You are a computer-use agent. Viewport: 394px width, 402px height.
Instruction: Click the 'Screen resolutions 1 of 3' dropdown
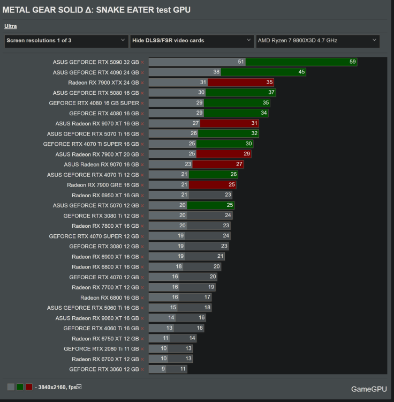pyautogui.click(x=65, y=41)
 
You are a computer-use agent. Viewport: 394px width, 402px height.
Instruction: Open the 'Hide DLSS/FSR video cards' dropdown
pyautogui.click(x=192, y=41)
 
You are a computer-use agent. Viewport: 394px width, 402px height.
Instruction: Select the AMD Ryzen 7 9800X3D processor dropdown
pyautogui.click(x=317, y=41)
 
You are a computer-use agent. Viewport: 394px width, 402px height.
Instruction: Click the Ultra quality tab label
pyautogui.click(x=11, y=26)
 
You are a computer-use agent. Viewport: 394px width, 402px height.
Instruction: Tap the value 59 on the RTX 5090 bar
pyautogui.click(x=352, y=62)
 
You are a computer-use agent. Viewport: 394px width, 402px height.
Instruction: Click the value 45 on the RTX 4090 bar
pyautogui.click(x=301, y=72)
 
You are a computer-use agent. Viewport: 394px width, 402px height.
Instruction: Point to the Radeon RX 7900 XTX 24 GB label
pyautogui.click(x=103, y=83)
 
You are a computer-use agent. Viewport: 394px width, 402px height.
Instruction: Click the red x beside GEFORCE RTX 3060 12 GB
pyautogui.click(x=142, y=369)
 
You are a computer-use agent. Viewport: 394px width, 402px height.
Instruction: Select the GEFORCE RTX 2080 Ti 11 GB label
pyautogui.click(x=101, y=348)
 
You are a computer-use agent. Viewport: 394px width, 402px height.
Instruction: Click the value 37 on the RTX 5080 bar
pyautogui.click(x=271, y=93)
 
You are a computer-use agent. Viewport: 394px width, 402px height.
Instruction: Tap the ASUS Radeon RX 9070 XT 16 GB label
pyautogui.click(x=97, y=123)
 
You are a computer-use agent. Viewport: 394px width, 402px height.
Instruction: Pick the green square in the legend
pyautogui.click(x=20, y=386)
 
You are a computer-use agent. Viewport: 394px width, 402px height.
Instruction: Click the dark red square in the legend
pyautogui.click(x=29, y=386)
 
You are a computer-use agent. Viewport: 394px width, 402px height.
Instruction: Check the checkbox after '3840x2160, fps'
pyautogui.click(x=79, y=386)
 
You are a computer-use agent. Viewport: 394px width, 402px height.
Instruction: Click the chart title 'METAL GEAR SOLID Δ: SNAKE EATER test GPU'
pyautogui.click(x=96, y=10)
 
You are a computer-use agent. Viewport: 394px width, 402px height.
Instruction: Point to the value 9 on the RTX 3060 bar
pyautogui.click(x=163, y=369)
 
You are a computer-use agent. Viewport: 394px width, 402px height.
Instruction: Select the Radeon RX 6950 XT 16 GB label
pyautogui.click(x=105, y=195)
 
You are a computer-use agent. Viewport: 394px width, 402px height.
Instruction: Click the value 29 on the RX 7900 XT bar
pyautogui.click(x=247, y=154)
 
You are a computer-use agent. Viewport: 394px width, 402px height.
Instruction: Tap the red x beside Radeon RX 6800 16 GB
pyautogui.click(x=142, y=297)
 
